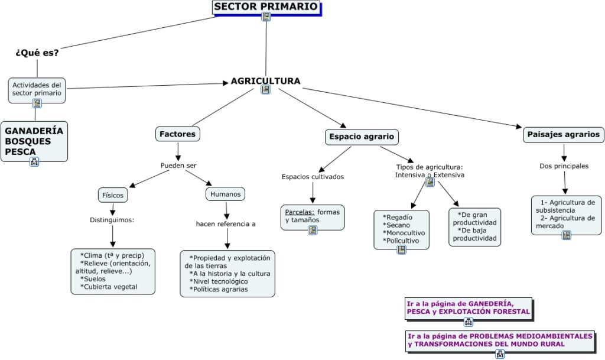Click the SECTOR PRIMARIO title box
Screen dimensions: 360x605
pyautogui.click(x=266, y=7)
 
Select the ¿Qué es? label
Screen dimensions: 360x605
pyautogui.click(x=37, y=53)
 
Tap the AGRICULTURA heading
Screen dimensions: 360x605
pyautogui.click(x=265, y=81)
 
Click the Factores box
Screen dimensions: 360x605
pyautogui.click(x=177, y=134)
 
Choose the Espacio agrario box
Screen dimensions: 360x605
pyautogui.click(x=362, y=137)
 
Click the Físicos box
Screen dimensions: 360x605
pyautogui.click(x=112, y=194)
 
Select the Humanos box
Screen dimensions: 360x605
pyautogui.click(x=225, y=193)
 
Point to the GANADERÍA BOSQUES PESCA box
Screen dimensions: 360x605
pyautogui.click(x=34, y=141)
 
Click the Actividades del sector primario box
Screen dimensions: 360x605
pyautogui.click(x=37, y=89)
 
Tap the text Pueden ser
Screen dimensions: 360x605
pyautogui.click(x=178, y=166)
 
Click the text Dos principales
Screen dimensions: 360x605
pyautogui.click(x=564, y=166)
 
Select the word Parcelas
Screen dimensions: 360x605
pyautogui.click(x=298, y=212)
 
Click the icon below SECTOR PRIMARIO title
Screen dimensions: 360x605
pyautogui.click(x=266, y=17)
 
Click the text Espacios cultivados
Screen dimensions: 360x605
pyautogui.click(x=313, y=177)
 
